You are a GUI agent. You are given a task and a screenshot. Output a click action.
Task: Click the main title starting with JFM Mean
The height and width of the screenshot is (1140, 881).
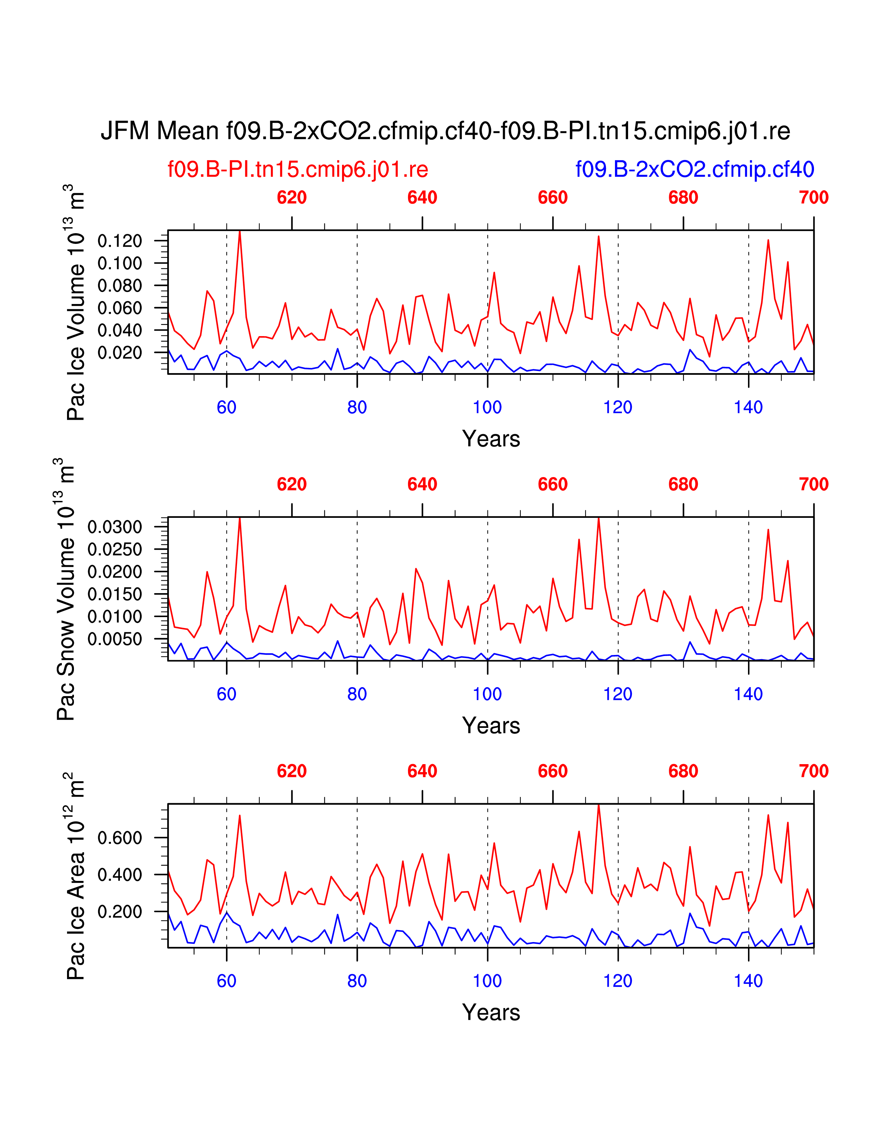[445, 131]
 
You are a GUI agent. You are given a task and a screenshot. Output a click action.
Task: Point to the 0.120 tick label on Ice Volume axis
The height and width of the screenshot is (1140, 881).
[120, 241]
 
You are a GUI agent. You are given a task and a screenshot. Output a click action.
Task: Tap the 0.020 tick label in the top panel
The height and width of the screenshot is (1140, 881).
[120, 353]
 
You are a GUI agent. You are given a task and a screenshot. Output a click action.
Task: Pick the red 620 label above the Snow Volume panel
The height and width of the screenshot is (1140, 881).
[292, 484]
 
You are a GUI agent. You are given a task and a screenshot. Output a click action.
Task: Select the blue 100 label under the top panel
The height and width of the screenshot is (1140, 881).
[487, 407]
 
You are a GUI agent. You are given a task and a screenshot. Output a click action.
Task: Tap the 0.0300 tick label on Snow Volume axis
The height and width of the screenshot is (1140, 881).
[115, 527]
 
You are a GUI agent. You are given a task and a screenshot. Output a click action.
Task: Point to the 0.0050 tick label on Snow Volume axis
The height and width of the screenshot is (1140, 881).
[115, 639]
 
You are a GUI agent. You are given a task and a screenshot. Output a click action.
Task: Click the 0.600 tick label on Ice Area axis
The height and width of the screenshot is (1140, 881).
[120, 838]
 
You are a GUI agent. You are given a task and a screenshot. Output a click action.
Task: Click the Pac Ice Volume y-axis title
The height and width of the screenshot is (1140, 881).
[75, 303]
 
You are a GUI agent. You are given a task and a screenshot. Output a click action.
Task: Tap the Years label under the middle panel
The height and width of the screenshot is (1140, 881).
[491, 725]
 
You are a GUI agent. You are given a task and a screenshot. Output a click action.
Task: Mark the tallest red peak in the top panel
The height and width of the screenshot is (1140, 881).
[239, 231]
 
